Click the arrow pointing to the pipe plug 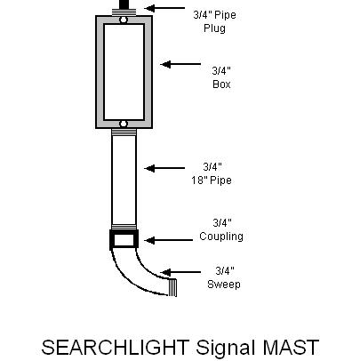tap(165, 8)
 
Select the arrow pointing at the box tap(180, 64)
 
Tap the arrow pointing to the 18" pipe tap(164, 168)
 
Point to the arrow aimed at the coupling tap(168, 240)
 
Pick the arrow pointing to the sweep tap(180, 272)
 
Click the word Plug tap(214, 28)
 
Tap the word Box tap(221, 84)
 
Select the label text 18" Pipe tap(212, 180)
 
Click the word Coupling tap(221, 237)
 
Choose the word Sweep tap(224, 285)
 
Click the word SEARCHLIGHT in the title tap(116, 348)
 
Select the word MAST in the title tap(291, 348)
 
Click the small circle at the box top tap(124, 20)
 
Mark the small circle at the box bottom tap(124, 124)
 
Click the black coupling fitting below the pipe tap(124, 240)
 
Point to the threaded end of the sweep tap(172, 287)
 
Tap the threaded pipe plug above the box tap(124, 12)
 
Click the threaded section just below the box tap(124, 132)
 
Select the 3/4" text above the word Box tap(221, 71)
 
